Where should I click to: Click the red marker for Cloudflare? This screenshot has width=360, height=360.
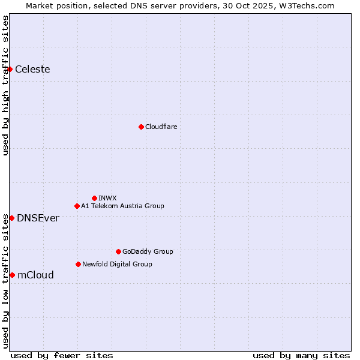[141, 127]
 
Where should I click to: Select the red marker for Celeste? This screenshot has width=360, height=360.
[10, 70]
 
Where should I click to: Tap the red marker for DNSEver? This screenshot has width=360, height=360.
[11, 218]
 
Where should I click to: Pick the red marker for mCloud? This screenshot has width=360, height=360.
[12, 275]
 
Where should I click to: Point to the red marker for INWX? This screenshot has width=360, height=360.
[94, 198]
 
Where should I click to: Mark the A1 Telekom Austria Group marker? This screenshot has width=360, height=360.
[77, 206]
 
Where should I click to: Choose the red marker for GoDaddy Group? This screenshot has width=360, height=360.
[118, 251]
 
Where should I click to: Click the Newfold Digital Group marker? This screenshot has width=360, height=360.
[78, 264]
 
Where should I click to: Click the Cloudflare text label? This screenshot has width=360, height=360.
[161, 127]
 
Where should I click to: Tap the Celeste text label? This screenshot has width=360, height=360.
[32, 70]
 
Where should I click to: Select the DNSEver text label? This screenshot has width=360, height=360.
[38, 218]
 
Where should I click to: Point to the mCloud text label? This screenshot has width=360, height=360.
[35, 275]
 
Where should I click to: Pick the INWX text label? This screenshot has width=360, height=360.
[107, 198]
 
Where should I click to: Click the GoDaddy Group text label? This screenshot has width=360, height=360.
[147, 252]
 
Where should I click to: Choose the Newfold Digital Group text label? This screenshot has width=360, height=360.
[117, 264]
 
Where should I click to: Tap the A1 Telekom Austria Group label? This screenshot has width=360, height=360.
[122, 206]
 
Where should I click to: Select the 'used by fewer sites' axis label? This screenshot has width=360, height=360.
[62, 355]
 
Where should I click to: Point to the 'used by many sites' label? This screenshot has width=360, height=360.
[301, 355]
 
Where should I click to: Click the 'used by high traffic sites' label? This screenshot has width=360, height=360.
[5, 85]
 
